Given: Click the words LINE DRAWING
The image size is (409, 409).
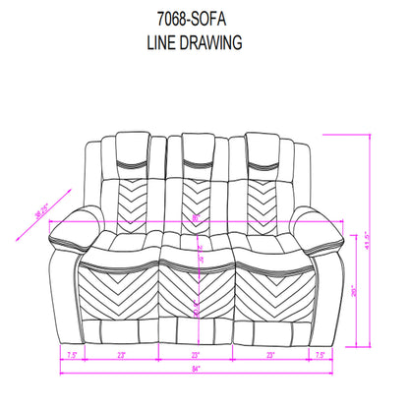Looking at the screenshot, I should pos(204,44).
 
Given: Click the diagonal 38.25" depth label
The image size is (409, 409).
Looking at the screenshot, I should pos(41,221).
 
